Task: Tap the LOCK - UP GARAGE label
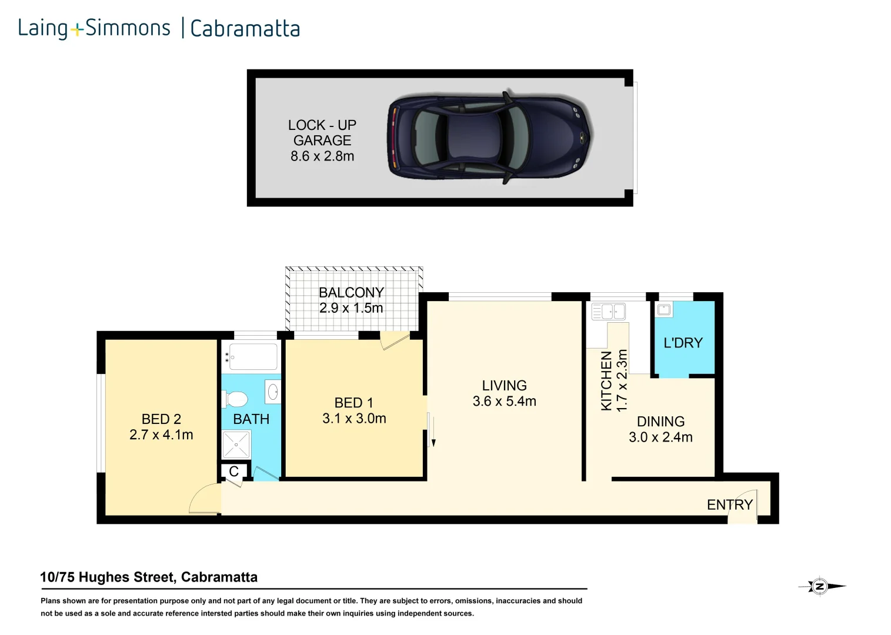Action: (x=322, y=133)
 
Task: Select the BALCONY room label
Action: (x=351, y=292)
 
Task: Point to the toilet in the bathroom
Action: (x=235, y=399)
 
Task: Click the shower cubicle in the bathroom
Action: (x=236, y=445)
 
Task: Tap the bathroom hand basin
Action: (x=273, y=392)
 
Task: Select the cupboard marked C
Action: (x=233, y=472)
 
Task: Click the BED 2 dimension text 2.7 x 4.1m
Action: (x=161, y=435)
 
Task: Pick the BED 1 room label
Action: (x=353, y=403)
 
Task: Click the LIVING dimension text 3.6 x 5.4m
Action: (x=504, y=402)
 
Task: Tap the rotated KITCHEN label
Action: (x=606, y=380)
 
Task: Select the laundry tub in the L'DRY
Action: (x=664, y=309)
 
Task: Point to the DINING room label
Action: (x=660, y=422)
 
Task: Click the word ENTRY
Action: (x=729, y=504)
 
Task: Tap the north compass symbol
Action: (x=820, y=586)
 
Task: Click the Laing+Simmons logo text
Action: (x=94, y=28)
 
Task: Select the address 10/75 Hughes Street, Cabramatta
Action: (x=149, y=577)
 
